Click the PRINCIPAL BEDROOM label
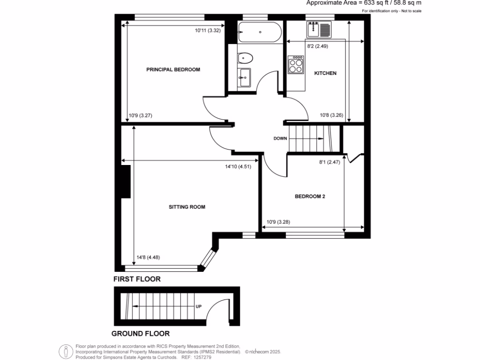(173, 69)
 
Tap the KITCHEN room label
(325, 73)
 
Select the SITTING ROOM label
(187, 207)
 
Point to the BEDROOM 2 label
(309, 197)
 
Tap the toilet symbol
(245, 59)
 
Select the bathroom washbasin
(244, 77)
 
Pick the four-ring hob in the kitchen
(296, 64)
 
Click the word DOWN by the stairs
(280, 139)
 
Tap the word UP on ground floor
(198, 307)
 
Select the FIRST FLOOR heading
(137, 279)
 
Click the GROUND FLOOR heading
(140, 334)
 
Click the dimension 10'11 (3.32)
(208, 30)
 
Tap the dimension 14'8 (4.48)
(148, 257)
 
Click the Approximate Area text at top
(363, 3)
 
